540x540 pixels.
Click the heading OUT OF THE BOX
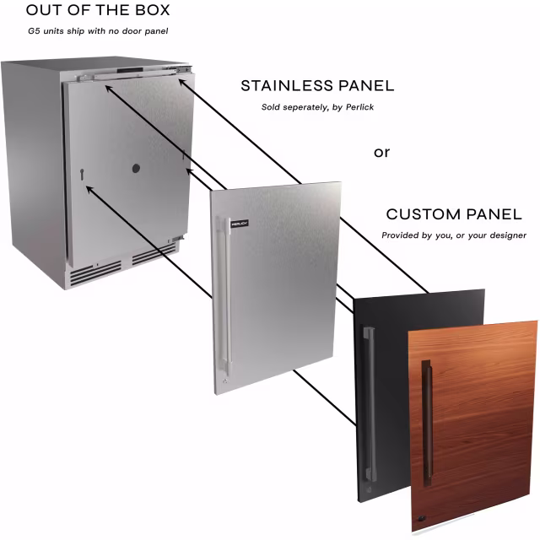pos(98,10)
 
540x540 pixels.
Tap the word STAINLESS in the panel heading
pos(287,86)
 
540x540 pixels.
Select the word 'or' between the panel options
pos(381,152)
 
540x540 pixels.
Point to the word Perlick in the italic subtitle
pos(359,107)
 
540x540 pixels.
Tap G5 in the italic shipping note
pos(34,31)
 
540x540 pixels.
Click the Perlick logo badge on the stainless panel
pos(240,224)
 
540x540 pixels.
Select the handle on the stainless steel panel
pos(224,296)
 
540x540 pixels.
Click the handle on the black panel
pos(370,405)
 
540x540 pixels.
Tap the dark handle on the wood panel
pos(427,424)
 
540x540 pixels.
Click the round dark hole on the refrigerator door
pos(136,169)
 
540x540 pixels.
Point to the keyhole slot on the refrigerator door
pos(82,175)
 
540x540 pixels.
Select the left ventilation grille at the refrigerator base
pos(95,272)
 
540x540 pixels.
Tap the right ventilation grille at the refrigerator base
pos(154,254)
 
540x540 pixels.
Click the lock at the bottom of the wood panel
pos(422,518)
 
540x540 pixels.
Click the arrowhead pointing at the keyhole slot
pos(89,189)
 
